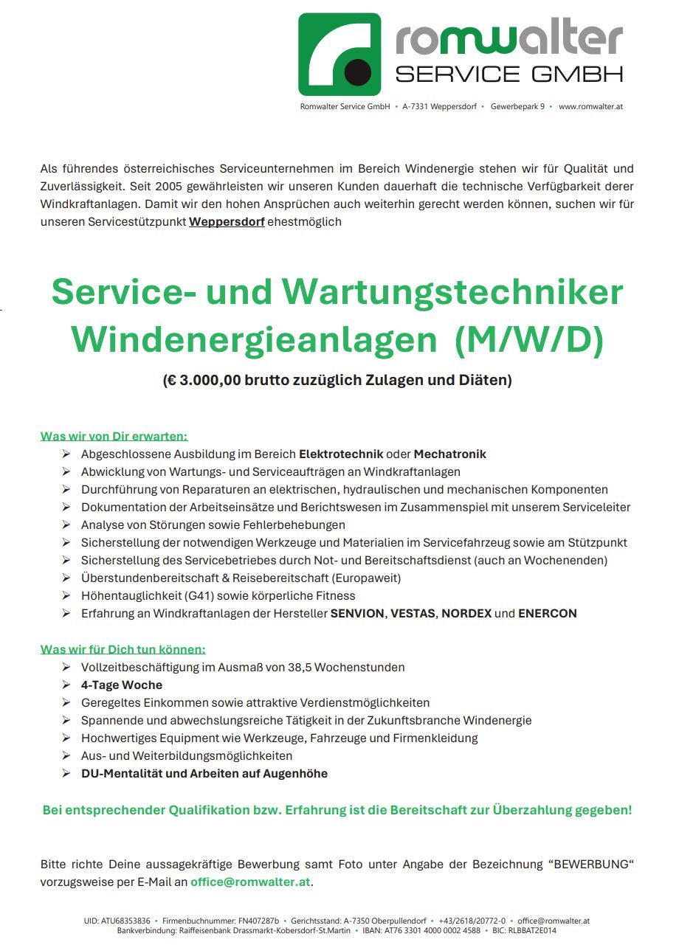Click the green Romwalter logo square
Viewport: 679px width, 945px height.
(x=339, y=55)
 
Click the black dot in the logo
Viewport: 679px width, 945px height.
(x=358, y=72)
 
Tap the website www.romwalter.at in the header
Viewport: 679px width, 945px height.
(x=590, y=106)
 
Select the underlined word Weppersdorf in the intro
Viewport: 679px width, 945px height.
(x=227, y=221)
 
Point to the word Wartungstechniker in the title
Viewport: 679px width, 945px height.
(x=453, y=293)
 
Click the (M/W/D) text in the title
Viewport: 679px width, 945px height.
(x=529, y=339)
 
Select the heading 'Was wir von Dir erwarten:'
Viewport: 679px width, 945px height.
(x=114, y=436)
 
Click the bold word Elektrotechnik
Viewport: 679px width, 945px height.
(x=341, y=454)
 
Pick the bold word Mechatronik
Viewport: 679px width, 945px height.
(x=449, y=454)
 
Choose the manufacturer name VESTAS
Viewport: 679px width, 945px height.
(x=413, y=613)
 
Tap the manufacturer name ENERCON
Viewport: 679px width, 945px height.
(x=547, y=613)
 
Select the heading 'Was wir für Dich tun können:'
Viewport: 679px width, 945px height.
(x=123, y=649)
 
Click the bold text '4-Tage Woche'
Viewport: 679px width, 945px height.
(x=122, y=685)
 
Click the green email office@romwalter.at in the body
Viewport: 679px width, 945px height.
(x=250, y=882)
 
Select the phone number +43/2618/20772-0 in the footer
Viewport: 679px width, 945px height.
(x=472, y=921)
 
